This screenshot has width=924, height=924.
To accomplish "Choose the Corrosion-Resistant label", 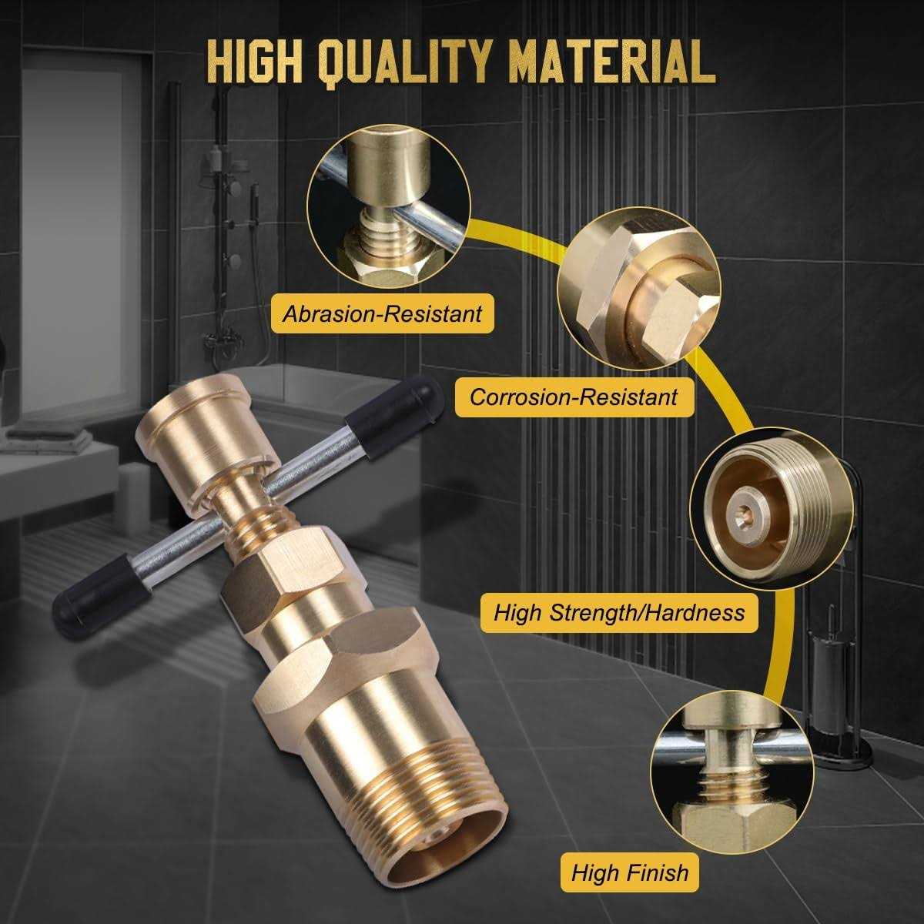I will pyautogui.click(x=574, y=397).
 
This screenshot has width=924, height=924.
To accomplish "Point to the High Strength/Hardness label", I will pyautogui.click(x=619, y=612).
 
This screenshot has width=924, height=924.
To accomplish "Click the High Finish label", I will pyautogui.click(x=629, y=872).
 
